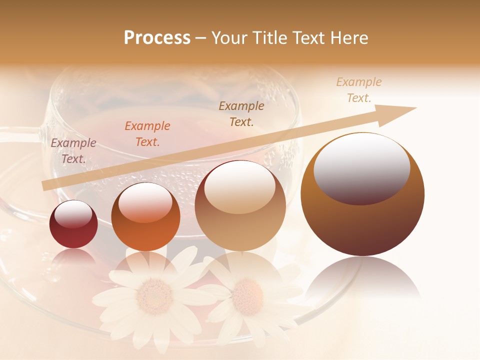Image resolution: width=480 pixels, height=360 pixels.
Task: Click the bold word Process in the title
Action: pos(157,37)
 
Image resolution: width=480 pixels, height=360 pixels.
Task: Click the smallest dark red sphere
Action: pos(73,224)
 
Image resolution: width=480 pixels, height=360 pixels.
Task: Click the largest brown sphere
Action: pos(362,195)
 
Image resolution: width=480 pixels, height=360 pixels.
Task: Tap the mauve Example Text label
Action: pos(73,151)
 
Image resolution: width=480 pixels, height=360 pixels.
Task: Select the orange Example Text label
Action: pos(147,134)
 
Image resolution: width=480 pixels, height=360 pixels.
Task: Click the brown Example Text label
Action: pos(241,114)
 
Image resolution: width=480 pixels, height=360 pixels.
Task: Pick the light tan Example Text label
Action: pos(359,90)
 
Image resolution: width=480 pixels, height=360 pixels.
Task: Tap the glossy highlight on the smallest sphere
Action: pos(73,214)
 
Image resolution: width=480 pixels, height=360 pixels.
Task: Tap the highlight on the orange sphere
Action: pos(145,202)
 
